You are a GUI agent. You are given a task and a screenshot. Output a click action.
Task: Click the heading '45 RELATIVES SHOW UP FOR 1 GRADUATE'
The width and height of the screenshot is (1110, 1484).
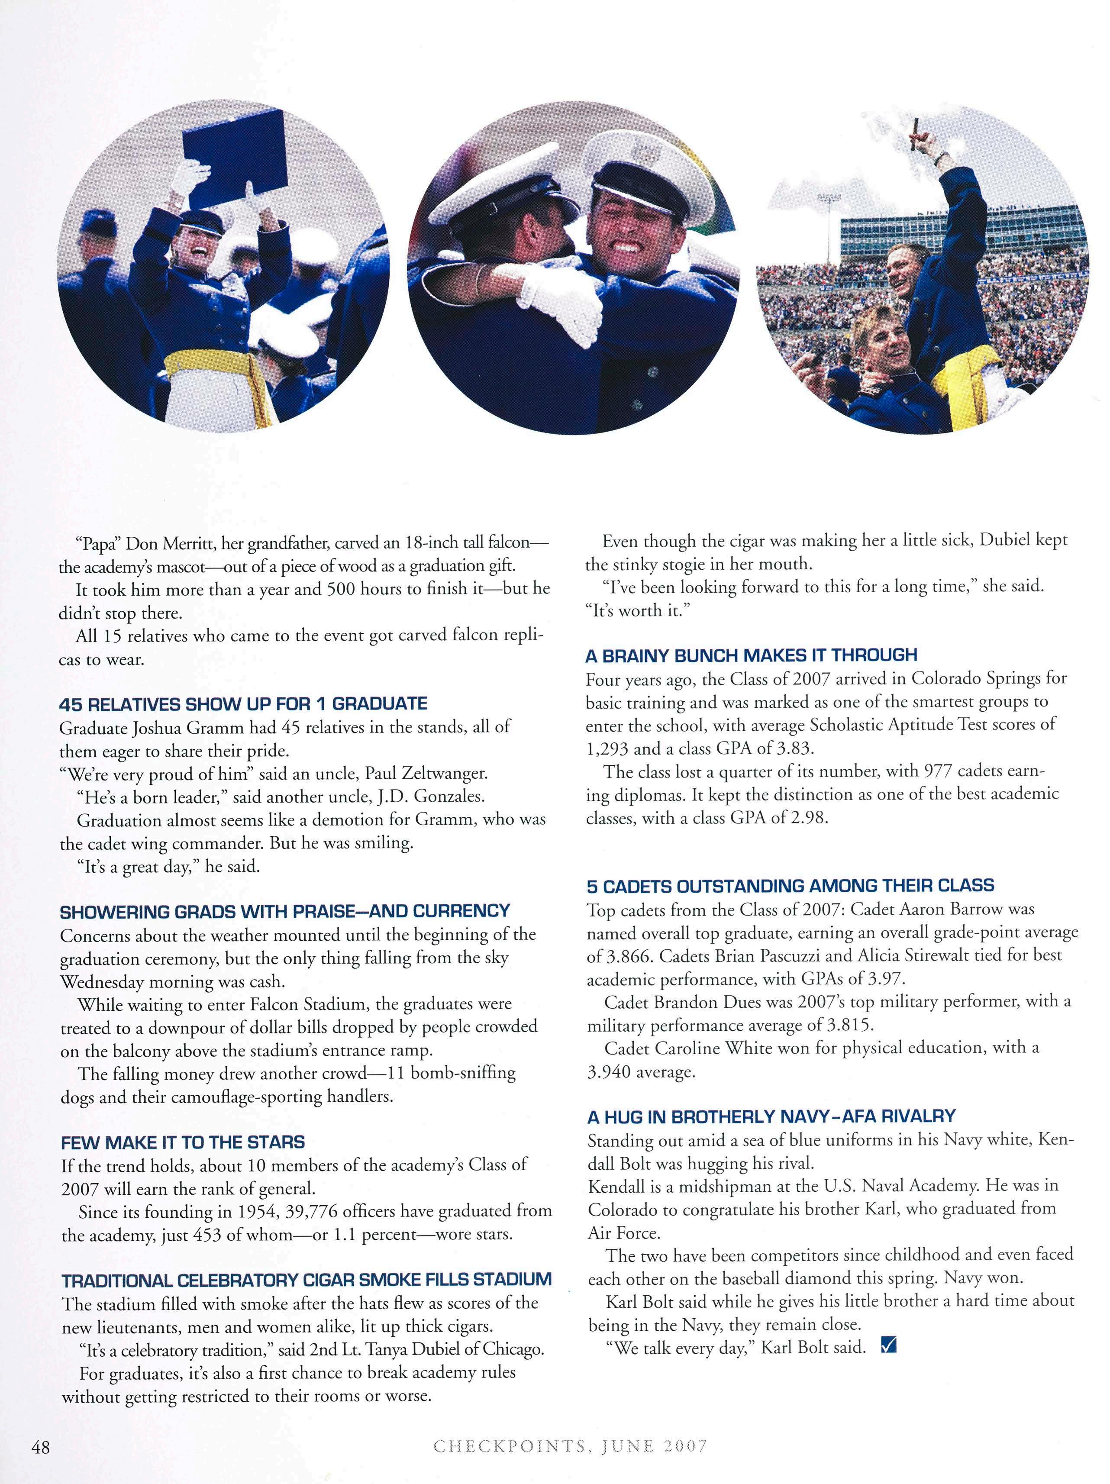click(x=243, y=704)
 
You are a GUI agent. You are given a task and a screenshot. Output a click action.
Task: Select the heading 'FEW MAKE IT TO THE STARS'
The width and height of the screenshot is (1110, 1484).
click(x=183, y=1142)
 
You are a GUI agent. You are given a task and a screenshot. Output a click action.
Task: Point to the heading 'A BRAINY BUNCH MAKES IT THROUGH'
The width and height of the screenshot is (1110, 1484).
click(x=752, y=655)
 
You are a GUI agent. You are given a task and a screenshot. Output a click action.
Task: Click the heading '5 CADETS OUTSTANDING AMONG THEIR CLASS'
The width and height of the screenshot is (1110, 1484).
click(x=790, y=886)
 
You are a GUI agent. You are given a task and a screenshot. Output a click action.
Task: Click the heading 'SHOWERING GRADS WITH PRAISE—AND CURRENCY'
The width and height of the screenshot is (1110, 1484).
click(x=285, y=911)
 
